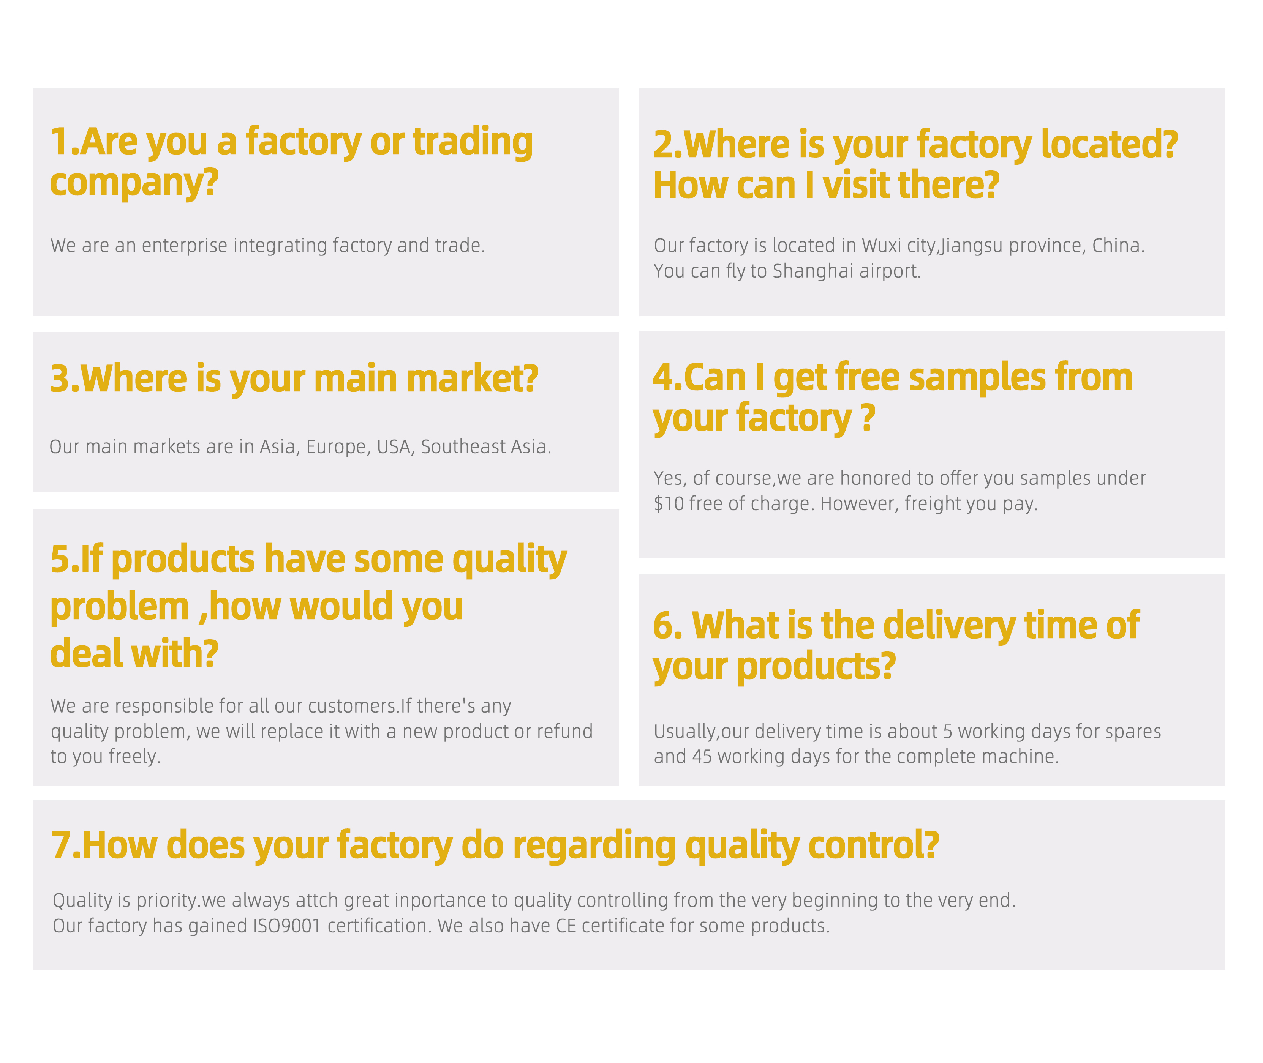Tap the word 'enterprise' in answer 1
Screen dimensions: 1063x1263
(185, 246)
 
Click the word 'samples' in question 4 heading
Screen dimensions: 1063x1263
(977, 377)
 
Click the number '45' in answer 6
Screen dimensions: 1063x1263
(702, 757)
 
